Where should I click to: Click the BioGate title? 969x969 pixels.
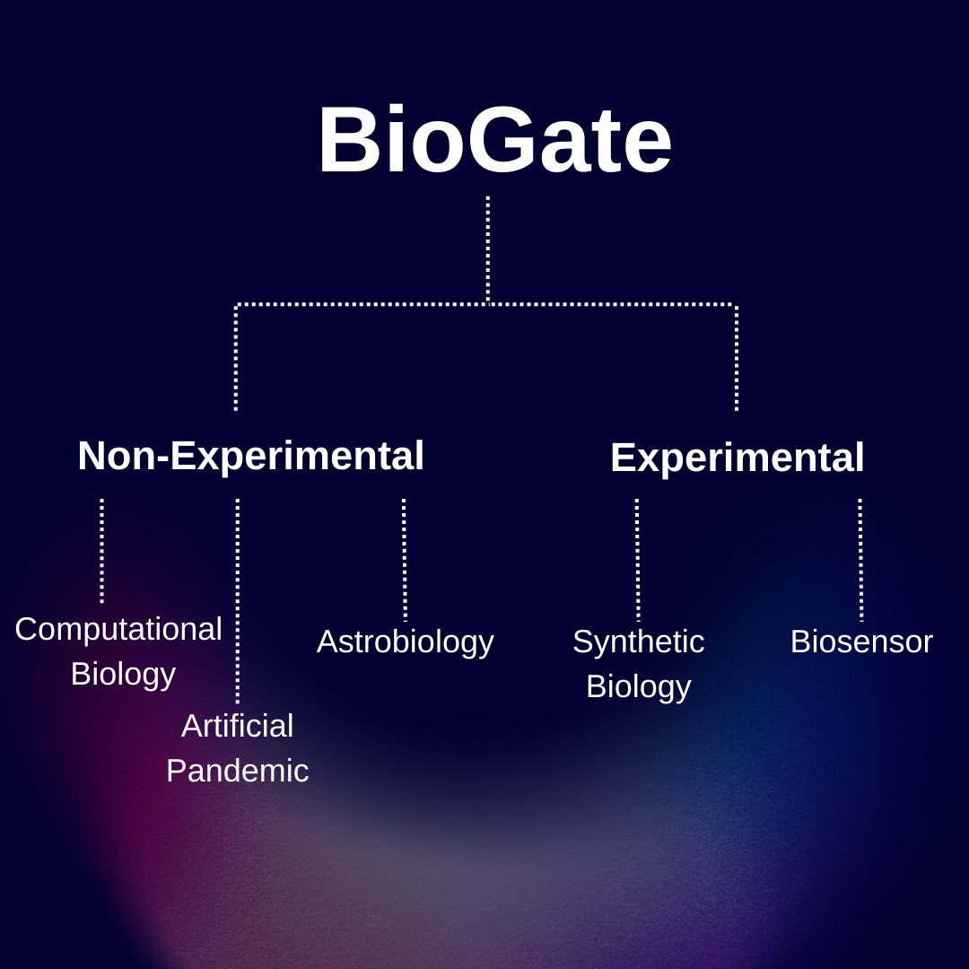494,141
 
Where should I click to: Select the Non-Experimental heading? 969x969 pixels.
250,456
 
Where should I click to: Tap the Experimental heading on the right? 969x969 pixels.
737,458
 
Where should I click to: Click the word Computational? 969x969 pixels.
118,629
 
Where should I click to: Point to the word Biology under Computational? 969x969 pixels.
123,674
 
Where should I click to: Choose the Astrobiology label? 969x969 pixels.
405,642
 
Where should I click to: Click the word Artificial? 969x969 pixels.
237,726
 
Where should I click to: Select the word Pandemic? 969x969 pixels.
237,771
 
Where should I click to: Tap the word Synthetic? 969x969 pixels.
638,642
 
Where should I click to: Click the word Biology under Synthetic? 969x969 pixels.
638,686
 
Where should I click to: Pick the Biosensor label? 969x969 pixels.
861,642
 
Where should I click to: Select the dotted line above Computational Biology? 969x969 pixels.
101,550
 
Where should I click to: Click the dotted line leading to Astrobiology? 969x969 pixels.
404,559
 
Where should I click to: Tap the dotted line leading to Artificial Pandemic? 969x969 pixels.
237,600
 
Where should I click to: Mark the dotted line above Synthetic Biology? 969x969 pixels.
637,559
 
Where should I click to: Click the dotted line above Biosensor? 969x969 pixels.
860,559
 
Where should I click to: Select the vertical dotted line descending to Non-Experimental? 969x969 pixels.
236,359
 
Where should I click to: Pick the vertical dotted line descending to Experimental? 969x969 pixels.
737,359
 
